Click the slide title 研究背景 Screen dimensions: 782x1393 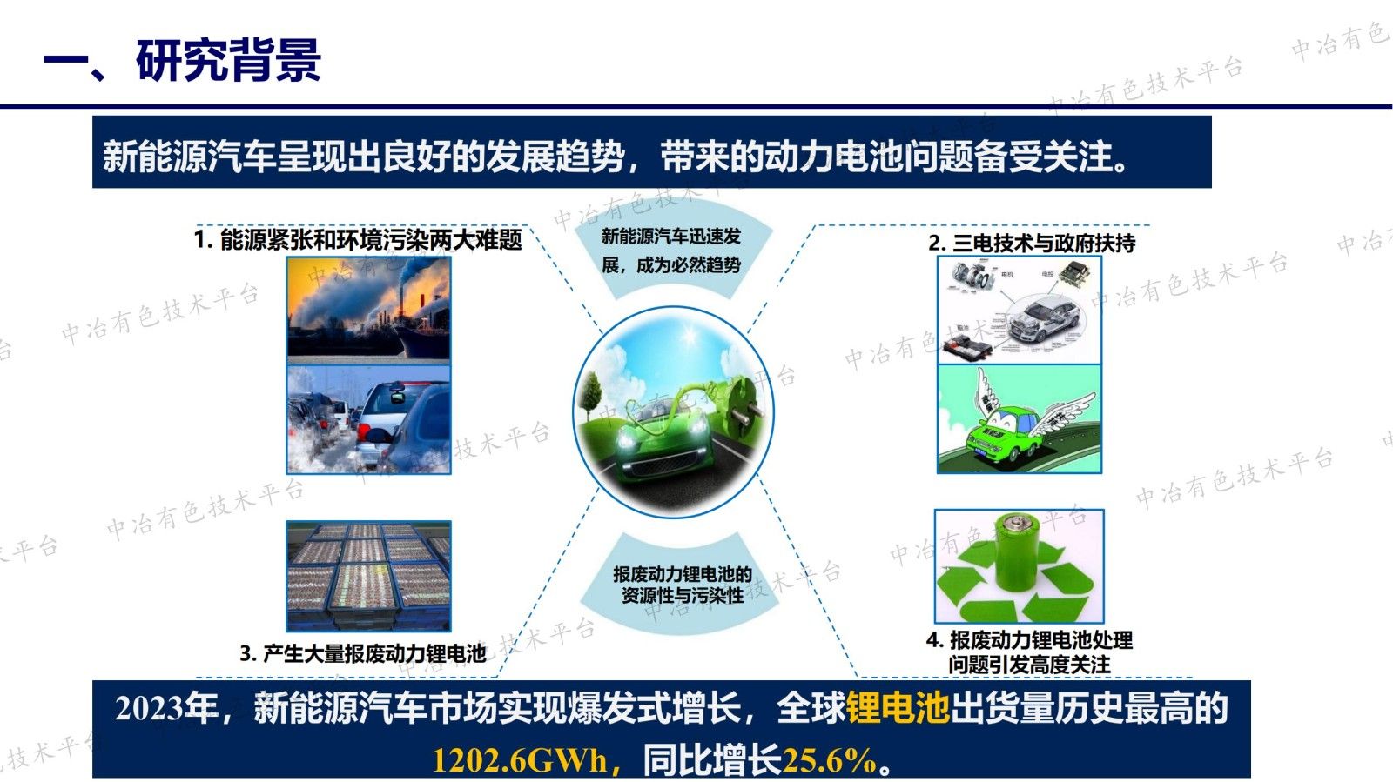[228, 60]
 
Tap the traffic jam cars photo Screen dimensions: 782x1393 [368, 419]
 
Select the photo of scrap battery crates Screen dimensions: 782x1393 [368, 575]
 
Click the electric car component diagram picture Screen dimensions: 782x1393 [1019, 311]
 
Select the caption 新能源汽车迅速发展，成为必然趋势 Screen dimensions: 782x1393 [671, 251]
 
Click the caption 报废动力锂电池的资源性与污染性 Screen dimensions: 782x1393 [682, 585]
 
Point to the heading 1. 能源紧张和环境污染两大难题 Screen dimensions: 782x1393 [357, 239]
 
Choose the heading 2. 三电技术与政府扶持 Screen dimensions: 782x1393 [1032, 243]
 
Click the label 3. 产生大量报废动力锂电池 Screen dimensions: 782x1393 [363, 653]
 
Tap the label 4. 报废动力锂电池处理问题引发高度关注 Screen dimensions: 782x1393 [1029, 652]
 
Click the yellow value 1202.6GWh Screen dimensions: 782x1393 [520, 760]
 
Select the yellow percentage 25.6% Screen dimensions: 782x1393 [829, 760]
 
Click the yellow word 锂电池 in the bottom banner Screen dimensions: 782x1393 [898, 708]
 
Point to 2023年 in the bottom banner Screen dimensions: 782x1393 [165, 709]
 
